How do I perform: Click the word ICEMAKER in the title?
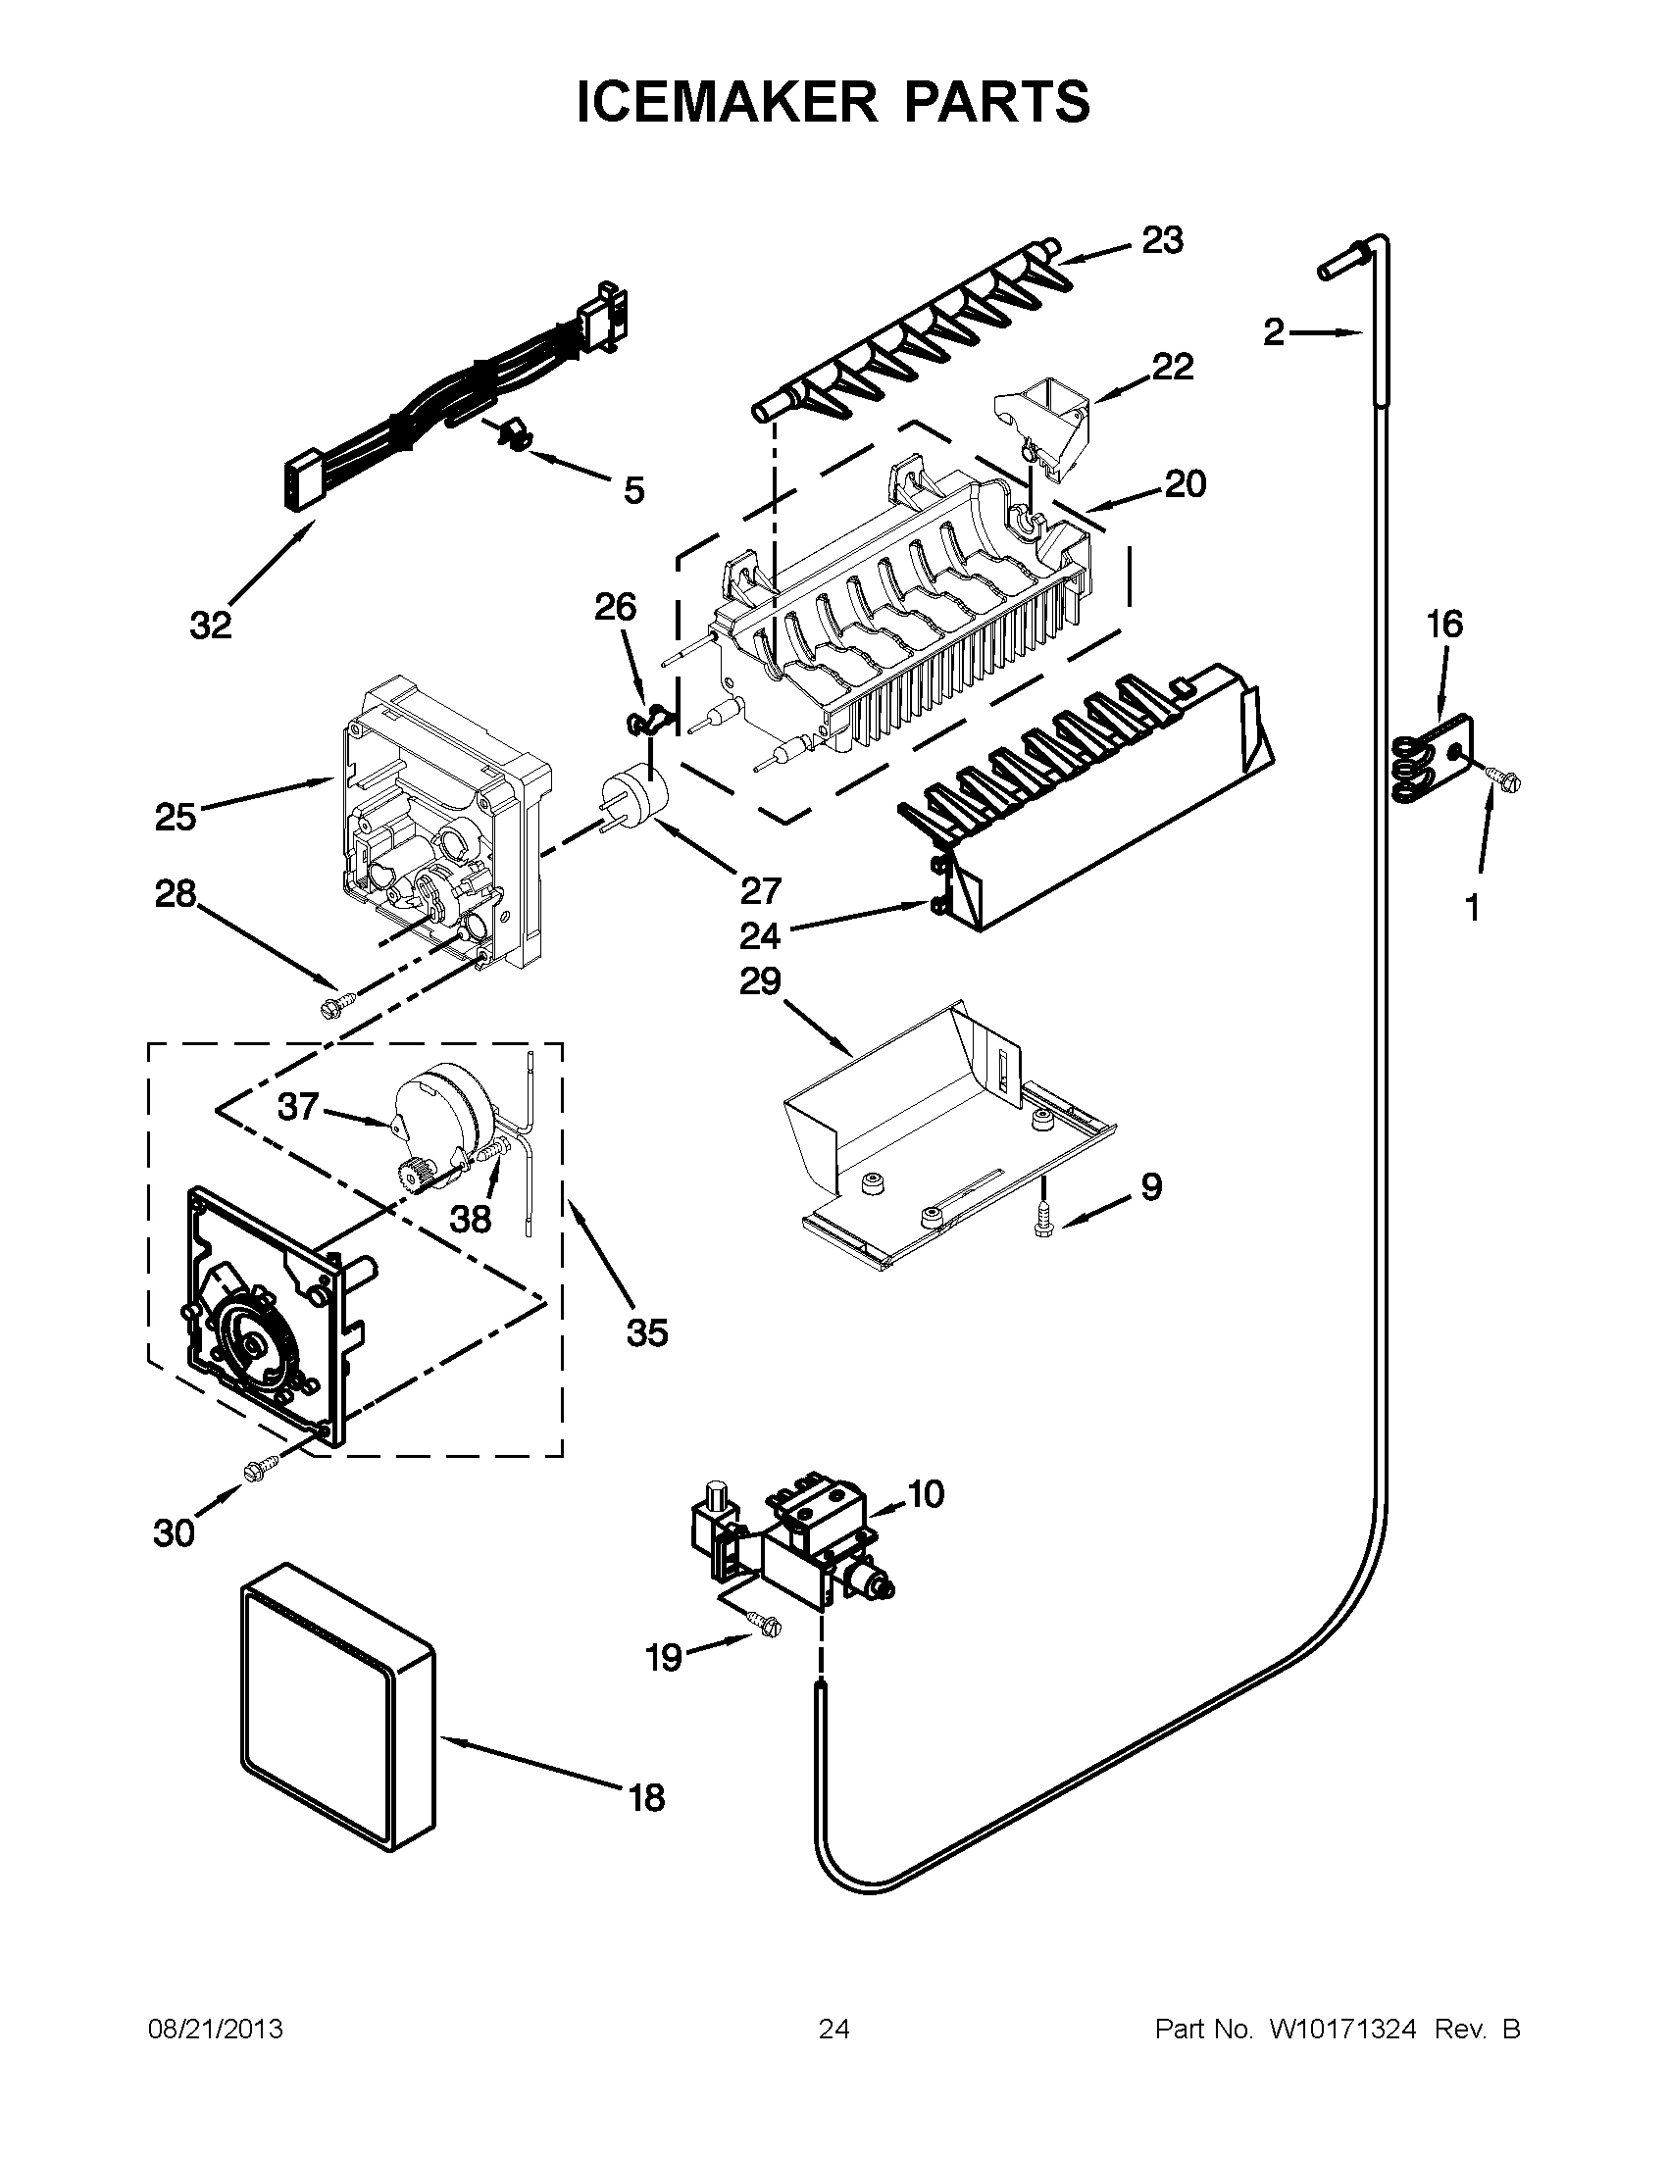(x=726, y=101)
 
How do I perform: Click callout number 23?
(x=1162, y=240)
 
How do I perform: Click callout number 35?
(x=647, y=1332)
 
